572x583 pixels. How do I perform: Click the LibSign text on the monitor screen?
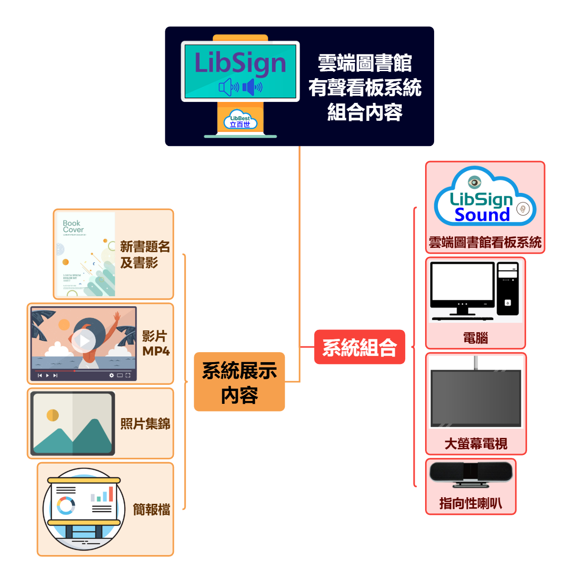pyautogui.click(x=240, y=63)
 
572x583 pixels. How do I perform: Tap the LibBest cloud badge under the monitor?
pyautogui.click(x=240, y=121)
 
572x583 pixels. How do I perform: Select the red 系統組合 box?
pyautogui.click(x=360, y=347)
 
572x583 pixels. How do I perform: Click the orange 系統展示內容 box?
pyautogui.click(x=239, y=382)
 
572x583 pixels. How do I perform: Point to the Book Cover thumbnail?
pyautogui.click(x=86, y=254)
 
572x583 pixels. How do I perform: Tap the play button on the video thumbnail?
pyautogui.click(x=84, y=340)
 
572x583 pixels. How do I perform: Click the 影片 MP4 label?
pyautogui.click(x=155, y=344)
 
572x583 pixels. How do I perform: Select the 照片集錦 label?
pyautogui.click(x=145, y=423)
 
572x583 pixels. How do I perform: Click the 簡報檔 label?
pyautogui.click(x=151, y=510)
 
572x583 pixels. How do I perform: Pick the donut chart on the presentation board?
pyautogui.click(x=66, y=505)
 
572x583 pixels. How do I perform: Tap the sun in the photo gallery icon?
pyautogui.click(x=53, y=415)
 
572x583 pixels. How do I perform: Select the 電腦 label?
pyautogui.click(x=475, y=338)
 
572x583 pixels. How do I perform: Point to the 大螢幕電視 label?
pyautogui.click(x=476, y=444)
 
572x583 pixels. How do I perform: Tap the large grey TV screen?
pyautogui.click(x=476, y=398)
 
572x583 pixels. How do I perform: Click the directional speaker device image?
pyautogui.click(x=471, y=474)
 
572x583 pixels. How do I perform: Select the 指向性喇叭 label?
pyautogui.click(x=471, y=503)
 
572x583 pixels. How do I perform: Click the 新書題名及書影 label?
pyautogui.click(x=145, y=255)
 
